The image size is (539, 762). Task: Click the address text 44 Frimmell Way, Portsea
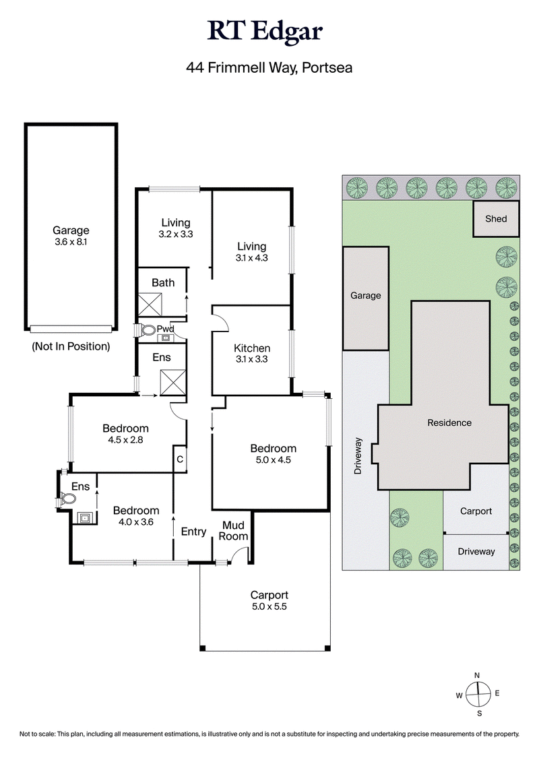(269, 67)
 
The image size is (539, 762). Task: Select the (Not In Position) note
(71, 347)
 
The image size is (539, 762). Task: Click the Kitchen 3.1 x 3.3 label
(252, 354)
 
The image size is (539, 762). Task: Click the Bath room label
(162, 283)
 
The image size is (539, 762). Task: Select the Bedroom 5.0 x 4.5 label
(273, 454)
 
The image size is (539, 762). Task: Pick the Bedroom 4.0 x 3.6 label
(135, 516)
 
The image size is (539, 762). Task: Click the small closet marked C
(180, 459)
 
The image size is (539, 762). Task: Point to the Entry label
(193, 532)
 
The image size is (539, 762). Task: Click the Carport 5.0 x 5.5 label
(269, 600)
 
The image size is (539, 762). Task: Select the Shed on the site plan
(496, 219)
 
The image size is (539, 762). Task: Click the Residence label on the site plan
(449, 423)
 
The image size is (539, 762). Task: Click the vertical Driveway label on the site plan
(358, 456)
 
